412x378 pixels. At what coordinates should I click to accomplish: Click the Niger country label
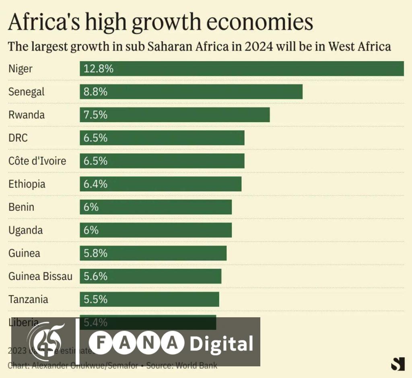point(20,69)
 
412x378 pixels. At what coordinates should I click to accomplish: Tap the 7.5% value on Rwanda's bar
point(95,115)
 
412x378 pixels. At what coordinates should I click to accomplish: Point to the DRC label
point(18,138)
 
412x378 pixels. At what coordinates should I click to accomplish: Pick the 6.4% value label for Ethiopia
point(95,184)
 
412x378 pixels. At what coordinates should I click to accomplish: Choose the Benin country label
point(21,207)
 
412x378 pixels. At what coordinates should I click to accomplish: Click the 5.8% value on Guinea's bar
point(95,254)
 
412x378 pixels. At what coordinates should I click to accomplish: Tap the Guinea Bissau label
point(40,277)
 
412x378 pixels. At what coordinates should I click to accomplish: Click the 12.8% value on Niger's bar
point(98,69)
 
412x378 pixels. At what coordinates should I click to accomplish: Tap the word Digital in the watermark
point(221,344)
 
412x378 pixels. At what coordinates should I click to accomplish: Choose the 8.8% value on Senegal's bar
point(95,92)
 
